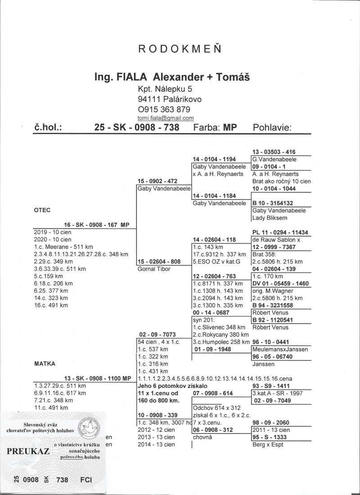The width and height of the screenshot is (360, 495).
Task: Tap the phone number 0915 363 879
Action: [164, 109]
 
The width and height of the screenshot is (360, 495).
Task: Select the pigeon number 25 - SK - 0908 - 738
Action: [137, 127]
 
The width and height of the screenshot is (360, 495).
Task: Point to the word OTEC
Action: [42, 210]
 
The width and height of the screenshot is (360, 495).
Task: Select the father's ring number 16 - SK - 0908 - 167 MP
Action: [97, 224]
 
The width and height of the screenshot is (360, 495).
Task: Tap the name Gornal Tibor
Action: [154, 269]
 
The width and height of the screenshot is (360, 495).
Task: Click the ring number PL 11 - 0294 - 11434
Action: [280, 232]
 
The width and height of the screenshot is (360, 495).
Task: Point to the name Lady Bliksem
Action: [270, 218]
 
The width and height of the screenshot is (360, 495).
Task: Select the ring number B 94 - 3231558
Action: [274, 305]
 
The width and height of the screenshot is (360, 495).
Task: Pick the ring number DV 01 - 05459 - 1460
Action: [280, 283]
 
